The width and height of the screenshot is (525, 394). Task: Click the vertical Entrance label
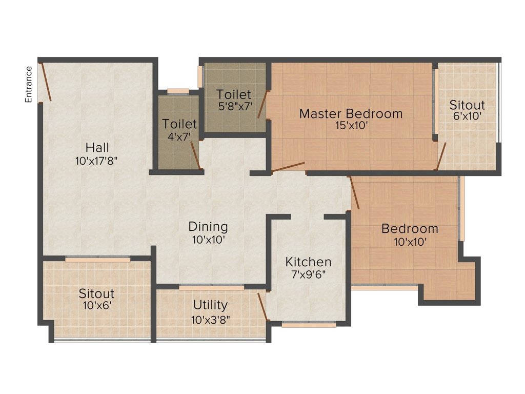[29, 84]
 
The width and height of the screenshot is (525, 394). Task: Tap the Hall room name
[97, 148]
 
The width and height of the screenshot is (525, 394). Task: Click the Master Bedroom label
[351, 113]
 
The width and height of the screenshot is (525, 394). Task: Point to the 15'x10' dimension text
[351, 126]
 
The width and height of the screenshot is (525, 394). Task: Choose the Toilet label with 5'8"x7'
[234, 94]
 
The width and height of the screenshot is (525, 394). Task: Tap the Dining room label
[208, 226]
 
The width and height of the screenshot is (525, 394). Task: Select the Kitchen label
[308, 262]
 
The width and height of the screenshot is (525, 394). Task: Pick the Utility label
[210, 305]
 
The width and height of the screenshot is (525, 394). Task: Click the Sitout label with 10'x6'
[96, 294]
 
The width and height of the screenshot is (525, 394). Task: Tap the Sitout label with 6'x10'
[467, 105]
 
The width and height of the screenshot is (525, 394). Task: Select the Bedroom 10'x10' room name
[410, 229]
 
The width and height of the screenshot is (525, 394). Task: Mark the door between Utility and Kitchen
[262, 306]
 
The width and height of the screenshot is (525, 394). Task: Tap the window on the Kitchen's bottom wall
[309, 324]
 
